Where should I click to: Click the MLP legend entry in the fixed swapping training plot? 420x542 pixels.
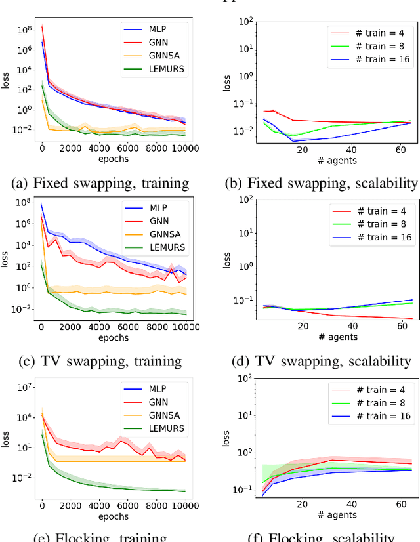157,28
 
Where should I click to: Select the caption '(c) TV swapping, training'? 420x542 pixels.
101,361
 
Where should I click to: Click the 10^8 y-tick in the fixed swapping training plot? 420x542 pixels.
24,30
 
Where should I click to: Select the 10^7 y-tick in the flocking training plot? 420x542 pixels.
24,387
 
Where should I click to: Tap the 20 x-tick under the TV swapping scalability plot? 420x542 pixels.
303,326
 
